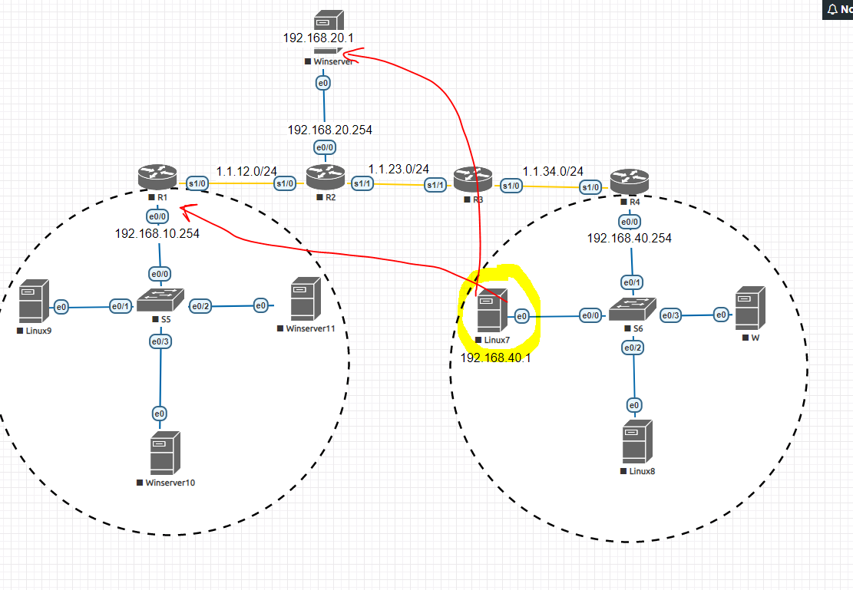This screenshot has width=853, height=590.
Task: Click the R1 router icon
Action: (157, 177)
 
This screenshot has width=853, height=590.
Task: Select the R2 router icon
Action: (326, 178)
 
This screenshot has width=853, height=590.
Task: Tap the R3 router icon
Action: (471, 180)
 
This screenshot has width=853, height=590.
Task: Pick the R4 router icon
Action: (629, 182)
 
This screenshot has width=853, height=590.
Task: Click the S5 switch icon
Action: (160, 301)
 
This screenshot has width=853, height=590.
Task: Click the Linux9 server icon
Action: (34, 302)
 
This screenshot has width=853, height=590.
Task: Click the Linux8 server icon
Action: (637, 441)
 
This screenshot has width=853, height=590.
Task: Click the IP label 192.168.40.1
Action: (495, 357)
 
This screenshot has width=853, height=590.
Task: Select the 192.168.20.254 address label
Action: (330, 130)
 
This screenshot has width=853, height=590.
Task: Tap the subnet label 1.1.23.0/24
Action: (398, 169)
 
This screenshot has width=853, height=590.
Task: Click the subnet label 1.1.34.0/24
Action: (553, 171)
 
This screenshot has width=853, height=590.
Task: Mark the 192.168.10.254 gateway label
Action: (157, 234)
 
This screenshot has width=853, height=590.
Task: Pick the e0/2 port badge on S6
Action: (633, 348)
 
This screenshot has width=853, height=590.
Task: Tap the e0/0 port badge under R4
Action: (630, 222)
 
